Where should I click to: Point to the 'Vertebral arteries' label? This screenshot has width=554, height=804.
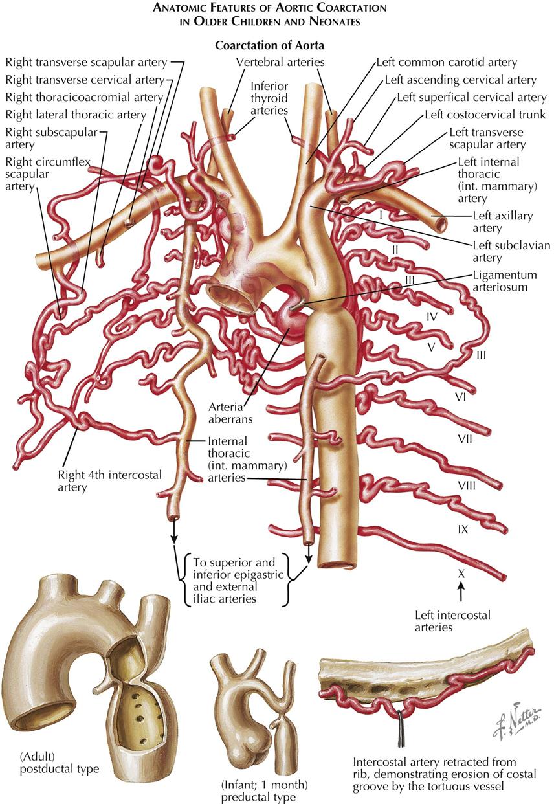coord(280,62)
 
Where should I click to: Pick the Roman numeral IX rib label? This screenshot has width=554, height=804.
coord(462,529)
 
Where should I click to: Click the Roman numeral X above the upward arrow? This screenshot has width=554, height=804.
coord(461,572)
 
